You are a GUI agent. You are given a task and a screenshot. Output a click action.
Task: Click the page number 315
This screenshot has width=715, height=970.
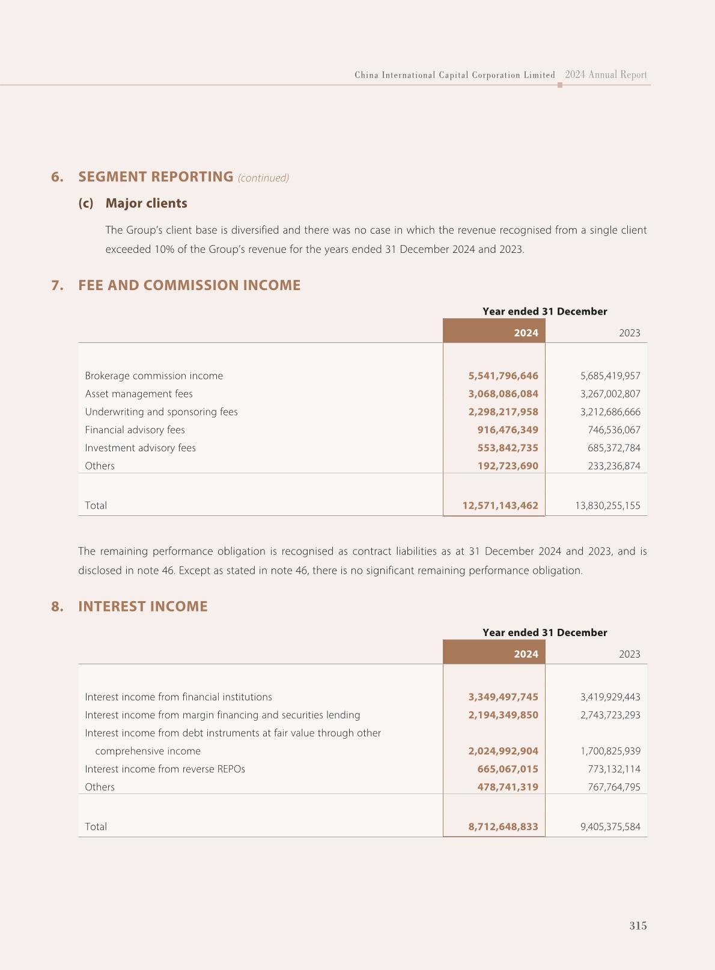637,926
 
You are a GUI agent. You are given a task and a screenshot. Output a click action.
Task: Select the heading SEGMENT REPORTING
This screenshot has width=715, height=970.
156,177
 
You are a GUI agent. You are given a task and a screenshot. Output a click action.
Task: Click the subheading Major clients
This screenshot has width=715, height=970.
146,203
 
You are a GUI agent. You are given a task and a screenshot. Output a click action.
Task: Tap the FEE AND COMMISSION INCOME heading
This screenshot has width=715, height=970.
189,285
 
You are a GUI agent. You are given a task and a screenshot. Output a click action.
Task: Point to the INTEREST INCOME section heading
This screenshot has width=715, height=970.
143,607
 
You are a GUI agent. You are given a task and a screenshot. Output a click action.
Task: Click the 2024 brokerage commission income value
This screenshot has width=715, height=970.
503,376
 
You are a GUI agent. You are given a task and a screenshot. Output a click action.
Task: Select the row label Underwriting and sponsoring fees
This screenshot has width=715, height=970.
161,412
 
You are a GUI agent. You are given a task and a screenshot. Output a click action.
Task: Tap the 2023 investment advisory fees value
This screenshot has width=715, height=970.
613,448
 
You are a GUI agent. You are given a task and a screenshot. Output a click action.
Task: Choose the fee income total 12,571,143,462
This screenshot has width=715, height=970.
500,506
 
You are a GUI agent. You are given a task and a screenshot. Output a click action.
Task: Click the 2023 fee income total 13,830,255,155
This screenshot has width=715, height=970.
607,506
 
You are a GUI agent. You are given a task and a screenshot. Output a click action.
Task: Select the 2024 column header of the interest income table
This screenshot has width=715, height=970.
526,654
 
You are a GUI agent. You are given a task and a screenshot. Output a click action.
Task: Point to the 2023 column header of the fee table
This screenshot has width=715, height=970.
629,333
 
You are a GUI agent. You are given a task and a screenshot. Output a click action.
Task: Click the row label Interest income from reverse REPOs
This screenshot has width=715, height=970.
165,769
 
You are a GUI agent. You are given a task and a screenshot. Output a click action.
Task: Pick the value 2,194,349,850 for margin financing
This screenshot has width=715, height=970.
503,715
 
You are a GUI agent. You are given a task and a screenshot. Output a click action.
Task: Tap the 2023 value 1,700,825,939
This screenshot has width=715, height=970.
610,751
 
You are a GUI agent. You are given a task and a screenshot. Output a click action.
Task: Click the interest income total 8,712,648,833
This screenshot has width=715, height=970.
503,826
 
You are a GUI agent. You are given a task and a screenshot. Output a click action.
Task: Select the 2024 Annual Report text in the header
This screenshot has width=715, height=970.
606,75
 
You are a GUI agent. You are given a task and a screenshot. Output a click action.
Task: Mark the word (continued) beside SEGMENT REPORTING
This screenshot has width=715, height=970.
263,178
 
